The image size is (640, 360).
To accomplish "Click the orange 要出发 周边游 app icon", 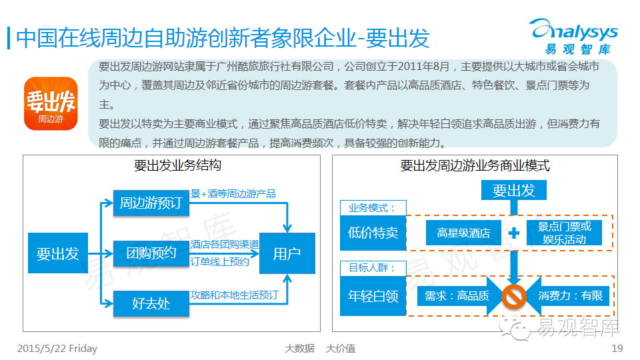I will (x=51, y=103).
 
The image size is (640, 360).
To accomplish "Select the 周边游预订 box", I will (x=151, y=203).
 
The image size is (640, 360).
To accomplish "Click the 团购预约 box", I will (x=151, y=253).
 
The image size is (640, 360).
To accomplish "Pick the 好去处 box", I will (x=151, y=303).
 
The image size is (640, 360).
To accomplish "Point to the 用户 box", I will (x=287, y=253).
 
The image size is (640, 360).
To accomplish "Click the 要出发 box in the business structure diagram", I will (x=57, y=253).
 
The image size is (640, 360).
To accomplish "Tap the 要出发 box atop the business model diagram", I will (x=513, y=191).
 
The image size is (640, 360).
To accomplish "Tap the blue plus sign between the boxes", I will (x=514, y=233).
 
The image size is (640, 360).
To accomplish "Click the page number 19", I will (x=617, y=349).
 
